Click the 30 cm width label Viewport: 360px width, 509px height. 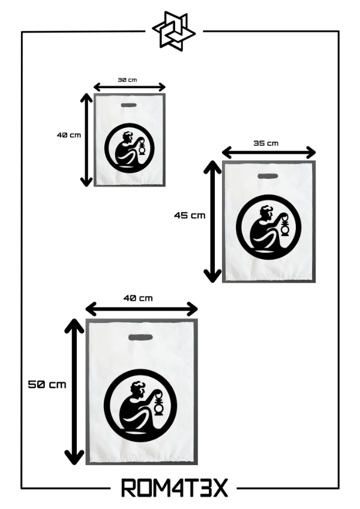click(127, 80)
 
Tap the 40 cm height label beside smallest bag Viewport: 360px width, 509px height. click(69, 135)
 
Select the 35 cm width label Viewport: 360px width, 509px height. click(266, 143)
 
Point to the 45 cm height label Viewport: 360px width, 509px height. click(190, 215)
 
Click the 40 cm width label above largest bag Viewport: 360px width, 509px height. click(138, 298)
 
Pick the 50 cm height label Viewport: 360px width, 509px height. click(47, 385)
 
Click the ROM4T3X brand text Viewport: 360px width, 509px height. click(175, 488)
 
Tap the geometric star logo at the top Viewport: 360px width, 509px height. click(173, 29)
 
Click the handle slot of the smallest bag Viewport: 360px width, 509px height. click(129, 105)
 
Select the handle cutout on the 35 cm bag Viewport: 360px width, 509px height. click(267, 176)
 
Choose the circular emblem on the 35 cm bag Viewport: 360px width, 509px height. click(268, 227)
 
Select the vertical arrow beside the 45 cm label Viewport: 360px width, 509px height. click(212, 221)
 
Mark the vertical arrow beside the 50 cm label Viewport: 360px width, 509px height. click(74, 391)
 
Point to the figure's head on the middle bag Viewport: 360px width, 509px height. click(265, 214)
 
